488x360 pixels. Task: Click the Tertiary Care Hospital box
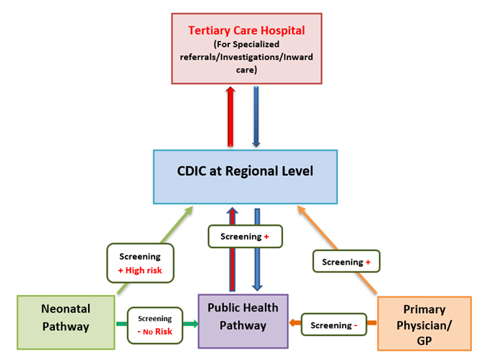(245, 48)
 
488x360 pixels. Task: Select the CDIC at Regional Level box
(245, 176)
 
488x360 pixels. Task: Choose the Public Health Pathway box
(243, 318)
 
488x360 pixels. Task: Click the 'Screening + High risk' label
(141, 263)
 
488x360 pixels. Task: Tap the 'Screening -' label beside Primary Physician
(333, 325)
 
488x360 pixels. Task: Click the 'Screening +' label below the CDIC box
(243, 235)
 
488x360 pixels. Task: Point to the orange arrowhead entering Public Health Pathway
(293, 324)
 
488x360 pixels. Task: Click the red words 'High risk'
(146, 270)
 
